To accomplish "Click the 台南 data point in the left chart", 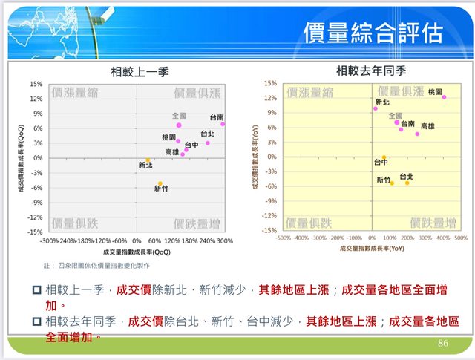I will (x=223, y=124).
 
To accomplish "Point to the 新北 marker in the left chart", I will (x=148, y=160).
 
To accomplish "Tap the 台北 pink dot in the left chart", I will (x=208, y=143).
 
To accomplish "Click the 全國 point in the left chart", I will (x=179, y=125).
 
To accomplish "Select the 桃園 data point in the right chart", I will (x=444, y=97).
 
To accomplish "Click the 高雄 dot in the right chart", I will (x=417, y=134).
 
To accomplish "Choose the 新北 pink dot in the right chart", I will (x=376, y=108).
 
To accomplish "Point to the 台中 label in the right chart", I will (x=381, y=162).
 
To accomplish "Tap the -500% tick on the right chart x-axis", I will (x=283, y=238).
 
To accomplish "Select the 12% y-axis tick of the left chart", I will (x=36, y=99).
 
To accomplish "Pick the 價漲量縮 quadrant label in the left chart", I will (x=74, y=93).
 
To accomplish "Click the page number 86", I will (x=444, y=343).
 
